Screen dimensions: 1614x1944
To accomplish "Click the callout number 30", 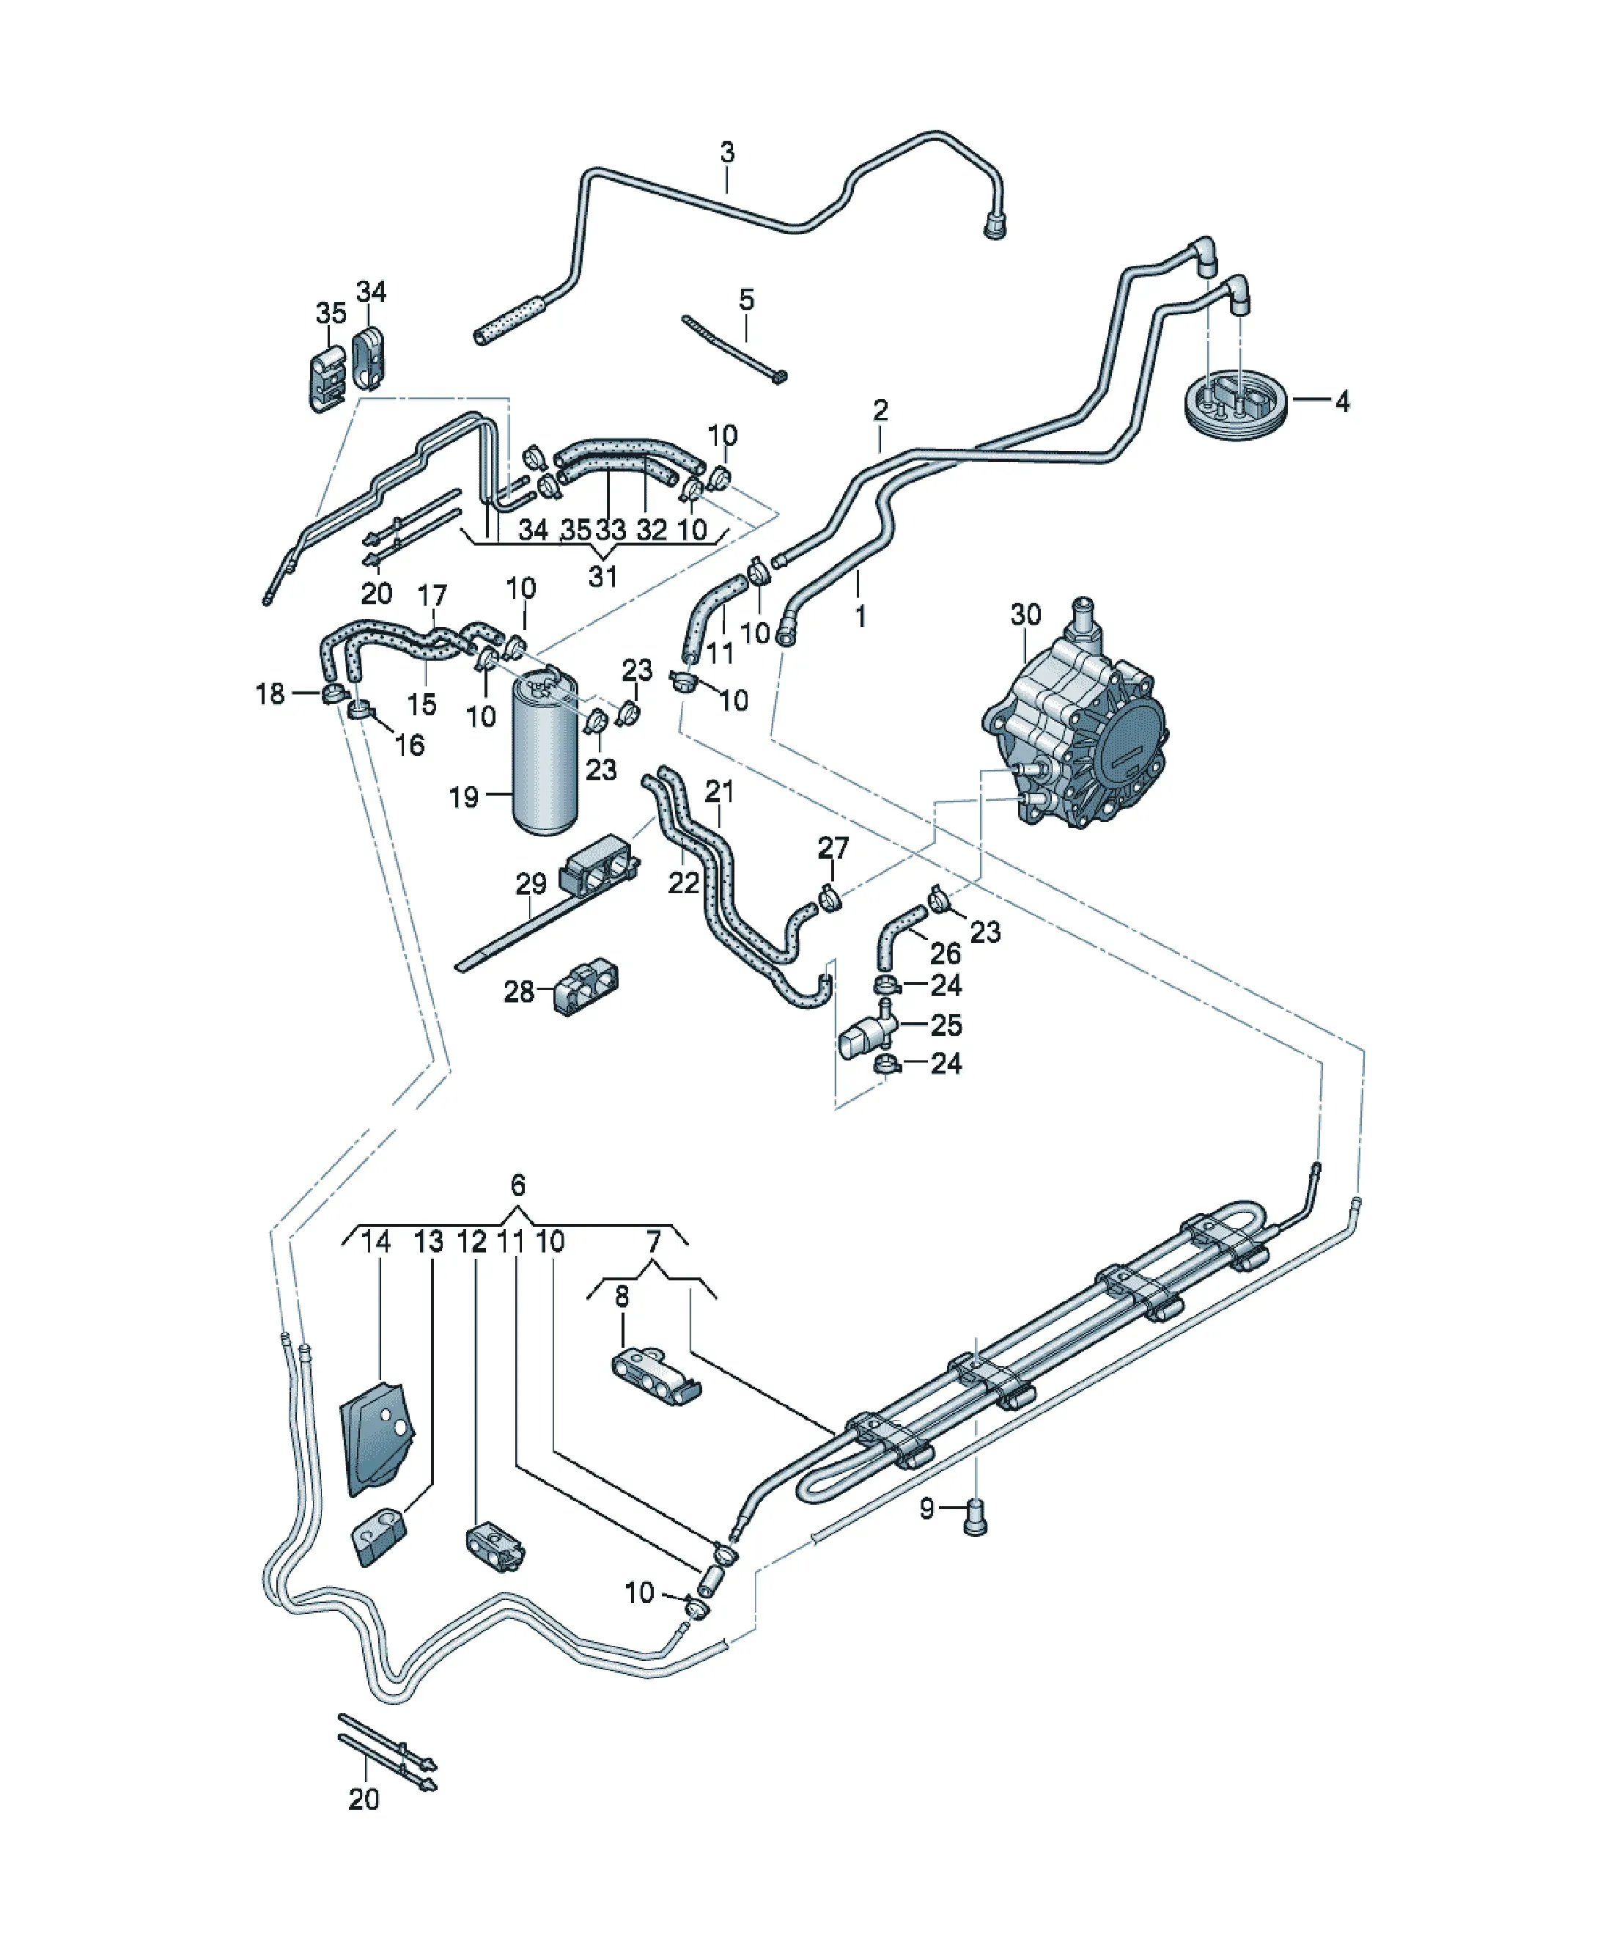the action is coord(1025,614).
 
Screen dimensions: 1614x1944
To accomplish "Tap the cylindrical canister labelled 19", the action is coord(545,751).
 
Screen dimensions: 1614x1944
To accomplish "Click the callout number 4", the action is coord(1342,401).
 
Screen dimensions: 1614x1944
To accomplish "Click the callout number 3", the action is coord(727,152).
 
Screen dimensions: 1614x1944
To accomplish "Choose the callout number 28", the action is coord(519,991).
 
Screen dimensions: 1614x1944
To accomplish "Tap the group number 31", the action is coord(603,576).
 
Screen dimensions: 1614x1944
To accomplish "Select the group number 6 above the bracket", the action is coord(518,1185).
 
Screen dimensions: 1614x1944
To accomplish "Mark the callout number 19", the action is coord(464,797).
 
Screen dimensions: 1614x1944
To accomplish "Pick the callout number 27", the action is coord(833,847).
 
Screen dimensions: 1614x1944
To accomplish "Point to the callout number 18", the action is coord(270,694).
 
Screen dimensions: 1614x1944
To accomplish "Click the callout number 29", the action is coord(531,884).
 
